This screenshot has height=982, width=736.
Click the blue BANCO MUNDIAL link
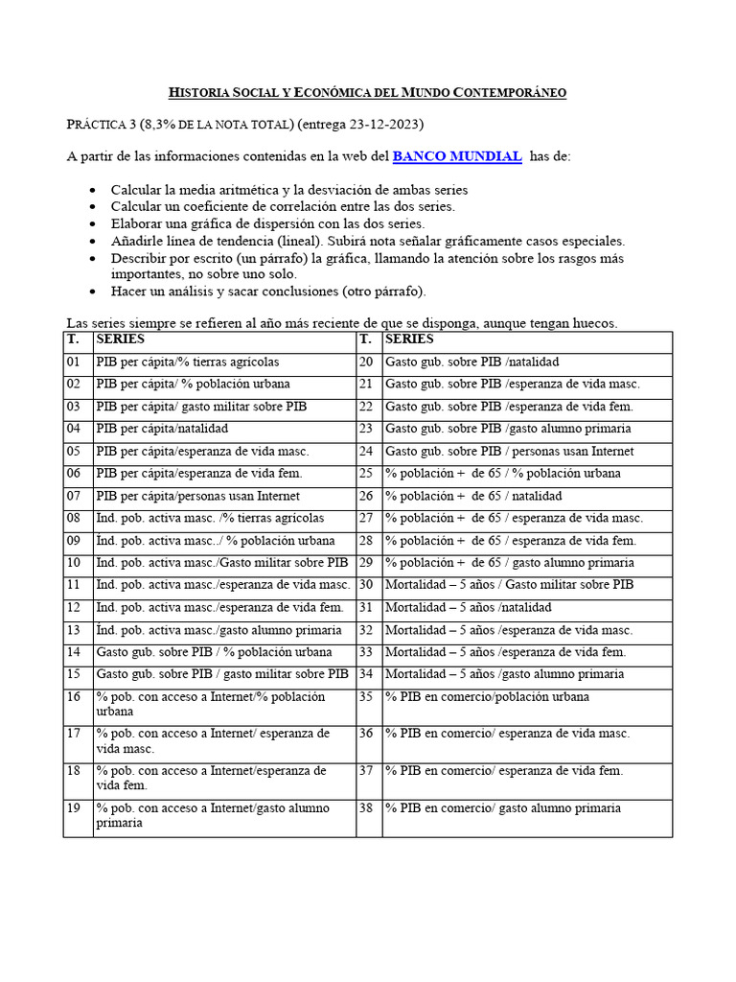[457, 156]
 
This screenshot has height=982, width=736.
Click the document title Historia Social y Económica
[367, 92]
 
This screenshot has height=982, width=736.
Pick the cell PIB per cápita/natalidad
[162, 429]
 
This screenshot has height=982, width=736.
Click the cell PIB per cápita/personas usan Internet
[197, 496]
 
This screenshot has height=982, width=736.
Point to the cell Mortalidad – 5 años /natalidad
[469, 607]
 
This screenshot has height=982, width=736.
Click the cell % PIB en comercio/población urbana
[487, 697]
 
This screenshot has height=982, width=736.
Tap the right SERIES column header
[409, 339]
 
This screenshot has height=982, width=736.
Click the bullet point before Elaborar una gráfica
[91, 224]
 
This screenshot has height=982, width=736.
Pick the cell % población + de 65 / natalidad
[473, 496]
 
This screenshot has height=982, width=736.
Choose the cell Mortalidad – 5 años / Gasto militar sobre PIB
[509, 585]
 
